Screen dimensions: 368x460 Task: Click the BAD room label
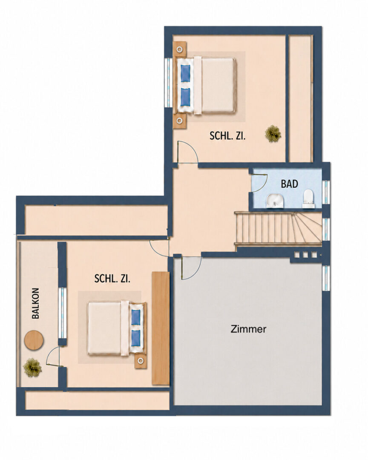click(289, 184)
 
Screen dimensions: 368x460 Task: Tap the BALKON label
click(36, 303)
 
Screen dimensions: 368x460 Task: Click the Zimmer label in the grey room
click(248, 329)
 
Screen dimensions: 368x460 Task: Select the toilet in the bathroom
click(308, 198)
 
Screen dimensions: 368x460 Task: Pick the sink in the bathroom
click(275, 201)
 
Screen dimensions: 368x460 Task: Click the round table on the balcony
click(34, 340)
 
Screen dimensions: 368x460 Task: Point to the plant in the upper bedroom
click(273, 134)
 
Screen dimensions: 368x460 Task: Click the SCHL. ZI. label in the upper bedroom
click(227, 136)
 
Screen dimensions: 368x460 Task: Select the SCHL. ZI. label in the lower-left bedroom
click(112, 279)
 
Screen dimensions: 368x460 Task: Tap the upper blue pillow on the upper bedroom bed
click(185, 73)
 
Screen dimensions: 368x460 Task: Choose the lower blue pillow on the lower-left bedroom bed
click(135, 338)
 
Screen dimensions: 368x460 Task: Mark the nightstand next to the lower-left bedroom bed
click(141, 361)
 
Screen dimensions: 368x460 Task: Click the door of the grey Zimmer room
click(191, 268)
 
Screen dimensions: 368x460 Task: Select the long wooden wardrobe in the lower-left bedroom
click(161, 328)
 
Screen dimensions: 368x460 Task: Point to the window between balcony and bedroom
click(62, 313)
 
